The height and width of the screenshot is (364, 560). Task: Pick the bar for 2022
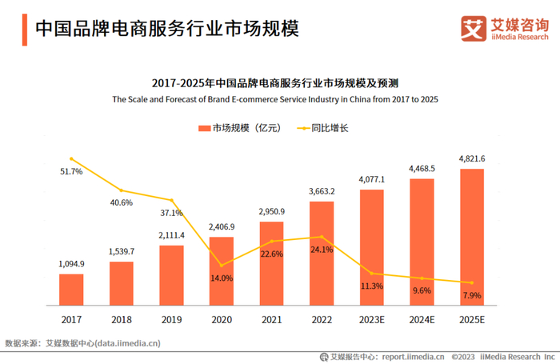pos(322,252)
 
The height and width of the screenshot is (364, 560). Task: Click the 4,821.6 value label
pos(472,158)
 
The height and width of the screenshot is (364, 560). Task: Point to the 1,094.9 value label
pos(71,264)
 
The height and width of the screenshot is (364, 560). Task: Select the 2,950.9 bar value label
pos(272,211)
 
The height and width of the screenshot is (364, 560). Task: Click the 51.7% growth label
pos(71,172)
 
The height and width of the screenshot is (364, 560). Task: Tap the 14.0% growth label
pos(222,278)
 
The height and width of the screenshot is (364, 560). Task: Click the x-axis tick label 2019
pos(171,318)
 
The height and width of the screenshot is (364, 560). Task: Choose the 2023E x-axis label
pos(372,318)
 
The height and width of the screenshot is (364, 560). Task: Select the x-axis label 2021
pos(272,318)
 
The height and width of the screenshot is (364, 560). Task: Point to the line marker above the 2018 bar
pos(122,190)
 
